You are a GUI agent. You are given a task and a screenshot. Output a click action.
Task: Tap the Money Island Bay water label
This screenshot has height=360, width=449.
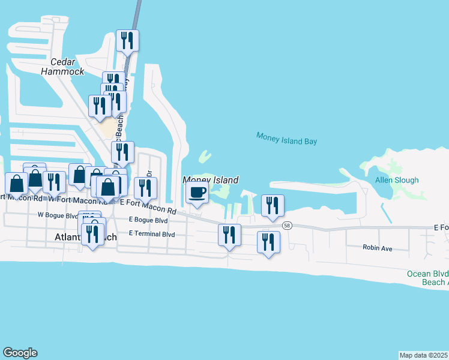coord(286,139)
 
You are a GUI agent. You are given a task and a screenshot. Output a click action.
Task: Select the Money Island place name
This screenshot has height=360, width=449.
coord(211,180)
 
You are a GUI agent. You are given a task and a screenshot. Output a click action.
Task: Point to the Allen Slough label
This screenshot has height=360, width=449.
coord(397,180)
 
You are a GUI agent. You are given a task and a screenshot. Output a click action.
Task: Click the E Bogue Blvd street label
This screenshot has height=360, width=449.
coord(148,220)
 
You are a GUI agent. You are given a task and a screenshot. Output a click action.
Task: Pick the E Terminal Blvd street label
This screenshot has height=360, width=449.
coord(151,233)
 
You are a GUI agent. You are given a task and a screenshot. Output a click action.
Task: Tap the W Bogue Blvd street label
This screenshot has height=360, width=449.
coord(58,215)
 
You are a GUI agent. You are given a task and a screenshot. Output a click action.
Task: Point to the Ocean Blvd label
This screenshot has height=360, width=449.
coord(427,274)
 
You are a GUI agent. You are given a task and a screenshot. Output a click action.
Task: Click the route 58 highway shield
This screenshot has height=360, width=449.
coord(288,224)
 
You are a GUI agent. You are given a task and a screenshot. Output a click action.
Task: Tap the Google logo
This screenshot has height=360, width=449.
coord(20,353)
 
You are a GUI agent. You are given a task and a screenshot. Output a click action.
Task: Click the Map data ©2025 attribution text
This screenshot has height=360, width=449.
coord(423,355)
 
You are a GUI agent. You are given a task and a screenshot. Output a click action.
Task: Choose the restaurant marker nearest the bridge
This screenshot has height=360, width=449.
coord(127,40)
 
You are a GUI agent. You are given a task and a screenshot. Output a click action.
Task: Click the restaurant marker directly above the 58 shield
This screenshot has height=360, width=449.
coord(272,205)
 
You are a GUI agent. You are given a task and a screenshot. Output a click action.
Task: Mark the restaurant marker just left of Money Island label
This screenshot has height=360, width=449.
coord(145,188)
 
